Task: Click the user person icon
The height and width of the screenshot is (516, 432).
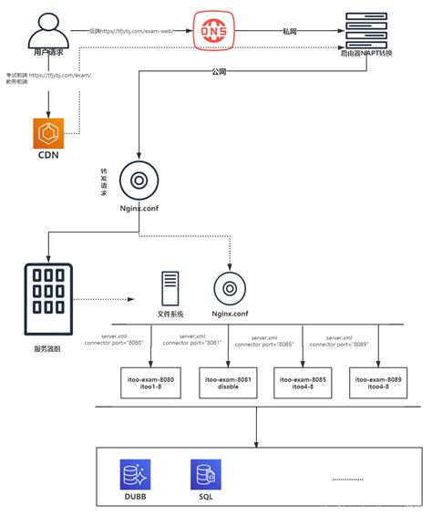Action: coord(49,32)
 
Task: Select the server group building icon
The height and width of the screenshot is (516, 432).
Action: coord(48,299)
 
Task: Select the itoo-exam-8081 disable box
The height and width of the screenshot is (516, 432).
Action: coord(224,382)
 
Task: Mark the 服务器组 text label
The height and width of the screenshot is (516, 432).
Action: coord(46,348)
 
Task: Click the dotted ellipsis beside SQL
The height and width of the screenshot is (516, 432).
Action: coord(347,478)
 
